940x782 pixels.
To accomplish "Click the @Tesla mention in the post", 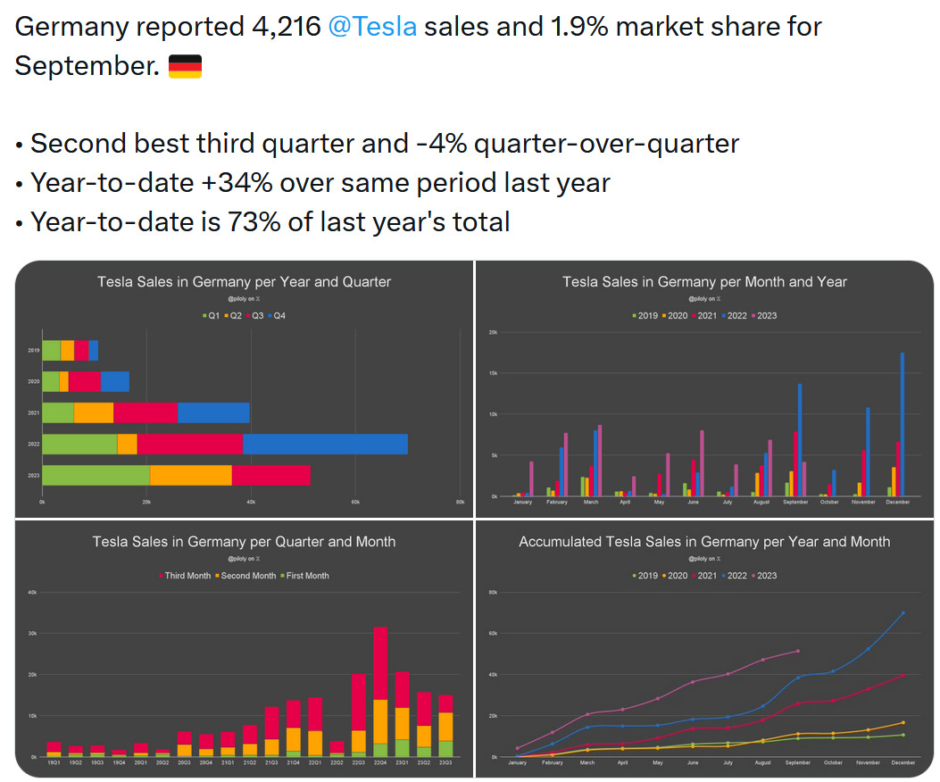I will [372, 27].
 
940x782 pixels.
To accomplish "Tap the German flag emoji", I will [185, 66].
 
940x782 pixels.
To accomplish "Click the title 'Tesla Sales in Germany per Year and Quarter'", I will [244, 282].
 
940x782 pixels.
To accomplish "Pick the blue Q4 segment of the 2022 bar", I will [325, 444].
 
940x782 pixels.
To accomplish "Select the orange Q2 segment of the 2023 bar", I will [191, 475].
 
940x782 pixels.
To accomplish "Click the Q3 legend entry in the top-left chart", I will [255, 316].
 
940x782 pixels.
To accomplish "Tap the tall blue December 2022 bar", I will [902, 424].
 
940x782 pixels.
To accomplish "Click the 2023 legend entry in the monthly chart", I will [763, 316].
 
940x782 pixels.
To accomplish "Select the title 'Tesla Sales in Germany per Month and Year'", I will [704, 282].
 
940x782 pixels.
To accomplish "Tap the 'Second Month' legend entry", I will [245, 576].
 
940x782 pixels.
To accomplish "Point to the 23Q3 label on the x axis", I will [445, 762].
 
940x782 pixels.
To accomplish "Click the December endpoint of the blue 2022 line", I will [903, 612].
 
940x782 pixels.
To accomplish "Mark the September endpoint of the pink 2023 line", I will [797, 651].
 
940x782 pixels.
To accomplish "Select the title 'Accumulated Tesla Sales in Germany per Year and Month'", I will [704, 542].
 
